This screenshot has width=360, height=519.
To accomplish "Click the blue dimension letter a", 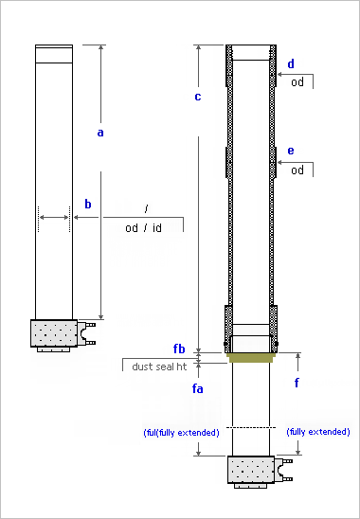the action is click(100, 133).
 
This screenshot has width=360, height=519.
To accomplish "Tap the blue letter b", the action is click(88, 204).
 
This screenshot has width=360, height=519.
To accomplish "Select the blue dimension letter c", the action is click(198, 97).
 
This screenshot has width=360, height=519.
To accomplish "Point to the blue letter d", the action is click(291, 63).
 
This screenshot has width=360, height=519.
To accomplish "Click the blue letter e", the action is click(291, 151).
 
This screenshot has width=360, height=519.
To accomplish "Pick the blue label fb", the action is click(179, 349).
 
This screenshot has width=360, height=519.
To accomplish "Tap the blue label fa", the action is click(198, 388).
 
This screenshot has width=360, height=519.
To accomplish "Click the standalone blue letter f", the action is click(297, 383).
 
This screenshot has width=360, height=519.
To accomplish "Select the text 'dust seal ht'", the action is click(159, 367).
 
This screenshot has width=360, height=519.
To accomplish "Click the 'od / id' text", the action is click(143, 227).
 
